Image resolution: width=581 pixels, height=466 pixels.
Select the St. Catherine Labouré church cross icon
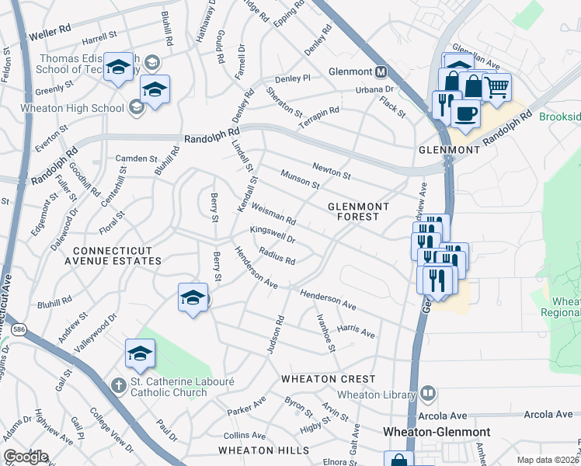coord(117,384)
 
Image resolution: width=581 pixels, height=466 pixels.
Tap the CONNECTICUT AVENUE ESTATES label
coord(117,256)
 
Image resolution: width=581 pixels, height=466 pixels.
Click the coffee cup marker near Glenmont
coord(465,113)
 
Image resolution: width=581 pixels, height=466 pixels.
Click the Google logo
coord(26,457)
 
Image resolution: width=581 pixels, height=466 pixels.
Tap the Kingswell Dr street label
coord(273,234)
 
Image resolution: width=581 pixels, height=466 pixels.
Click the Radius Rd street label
coord(277,256)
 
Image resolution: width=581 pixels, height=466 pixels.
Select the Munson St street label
coord(301,180)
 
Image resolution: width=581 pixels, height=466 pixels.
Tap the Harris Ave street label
coord(356,331)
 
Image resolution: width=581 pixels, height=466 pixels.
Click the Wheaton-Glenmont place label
coord(437,431)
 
